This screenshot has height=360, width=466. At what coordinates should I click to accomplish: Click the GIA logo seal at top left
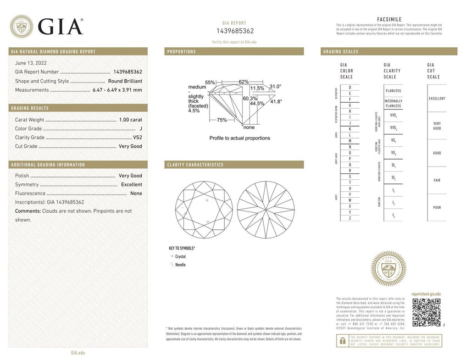22,27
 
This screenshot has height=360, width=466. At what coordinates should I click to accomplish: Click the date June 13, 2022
31,63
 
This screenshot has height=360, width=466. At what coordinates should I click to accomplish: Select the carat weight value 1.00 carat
130,120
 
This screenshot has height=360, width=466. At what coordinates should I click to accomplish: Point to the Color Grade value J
140,129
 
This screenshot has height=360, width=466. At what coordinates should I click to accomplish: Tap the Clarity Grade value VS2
137,138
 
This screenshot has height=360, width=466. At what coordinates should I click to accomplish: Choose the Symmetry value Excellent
131,184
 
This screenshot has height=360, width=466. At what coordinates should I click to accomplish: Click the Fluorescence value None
136,194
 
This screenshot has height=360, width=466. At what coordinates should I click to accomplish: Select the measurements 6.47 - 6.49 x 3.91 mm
118,90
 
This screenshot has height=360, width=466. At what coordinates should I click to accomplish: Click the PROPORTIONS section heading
182,52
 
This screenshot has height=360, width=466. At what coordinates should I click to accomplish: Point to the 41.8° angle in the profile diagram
276,101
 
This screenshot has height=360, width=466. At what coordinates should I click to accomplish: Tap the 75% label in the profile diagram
222,120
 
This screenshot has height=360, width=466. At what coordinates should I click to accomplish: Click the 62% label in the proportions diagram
244,82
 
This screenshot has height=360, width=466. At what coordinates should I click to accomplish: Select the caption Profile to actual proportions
239,138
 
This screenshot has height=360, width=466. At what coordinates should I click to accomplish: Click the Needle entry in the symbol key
180,265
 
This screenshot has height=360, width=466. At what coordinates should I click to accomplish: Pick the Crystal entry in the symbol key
180,257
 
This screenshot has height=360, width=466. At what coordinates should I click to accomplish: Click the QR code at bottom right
426,312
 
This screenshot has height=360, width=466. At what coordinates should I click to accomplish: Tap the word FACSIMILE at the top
389,19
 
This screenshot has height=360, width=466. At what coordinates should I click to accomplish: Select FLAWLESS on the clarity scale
393,91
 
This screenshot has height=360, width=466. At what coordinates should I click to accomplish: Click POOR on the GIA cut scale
437,207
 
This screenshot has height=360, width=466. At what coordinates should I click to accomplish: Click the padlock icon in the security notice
342,340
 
